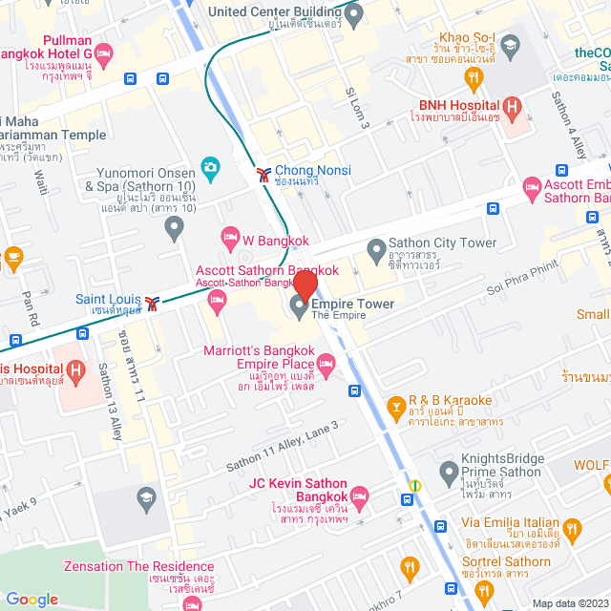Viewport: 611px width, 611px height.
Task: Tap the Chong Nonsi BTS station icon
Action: [263, 174]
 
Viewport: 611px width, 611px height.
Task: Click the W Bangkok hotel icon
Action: [229, 236]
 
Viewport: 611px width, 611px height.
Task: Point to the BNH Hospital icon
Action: [513, 107]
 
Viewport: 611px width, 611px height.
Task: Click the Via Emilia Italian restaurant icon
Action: [573, 529]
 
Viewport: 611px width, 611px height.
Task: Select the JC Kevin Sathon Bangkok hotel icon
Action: [359, 496]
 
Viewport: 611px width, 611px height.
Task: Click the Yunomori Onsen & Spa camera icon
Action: [210, 168]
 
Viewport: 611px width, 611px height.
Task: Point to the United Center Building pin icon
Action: [354, 14]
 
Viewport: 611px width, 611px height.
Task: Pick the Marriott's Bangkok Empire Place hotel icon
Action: [326, 363]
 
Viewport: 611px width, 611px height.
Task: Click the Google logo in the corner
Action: [32, 599]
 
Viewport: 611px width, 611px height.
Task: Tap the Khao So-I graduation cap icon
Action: [511, 44]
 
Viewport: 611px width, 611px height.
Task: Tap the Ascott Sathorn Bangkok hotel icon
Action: [217, 303]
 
